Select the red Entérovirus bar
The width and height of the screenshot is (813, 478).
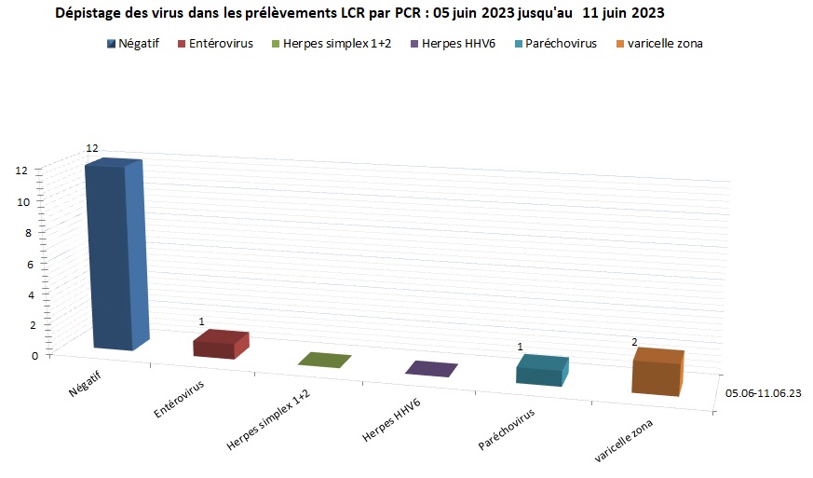(x=220, y=345)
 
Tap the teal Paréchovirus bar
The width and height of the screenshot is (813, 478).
(x=541, y=371)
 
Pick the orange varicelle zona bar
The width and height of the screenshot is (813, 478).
(x=657, y=373)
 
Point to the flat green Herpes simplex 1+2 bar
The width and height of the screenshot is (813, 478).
(x=325, y=361)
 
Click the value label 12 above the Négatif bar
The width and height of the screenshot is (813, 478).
(x=92, y=148)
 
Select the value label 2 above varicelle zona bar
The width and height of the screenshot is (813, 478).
(x=634, y=342)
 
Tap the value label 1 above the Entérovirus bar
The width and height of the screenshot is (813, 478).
(x=200, y=321)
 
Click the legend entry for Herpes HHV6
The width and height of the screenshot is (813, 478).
(x=457, y=44)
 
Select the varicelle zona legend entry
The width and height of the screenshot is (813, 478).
(x=666, y=44)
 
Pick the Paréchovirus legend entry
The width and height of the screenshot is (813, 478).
(x=560, y=44)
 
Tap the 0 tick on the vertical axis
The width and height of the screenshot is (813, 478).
(x=35, y=355)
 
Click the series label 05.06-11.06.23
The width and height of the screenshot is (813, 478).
(x=764, y=393)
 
